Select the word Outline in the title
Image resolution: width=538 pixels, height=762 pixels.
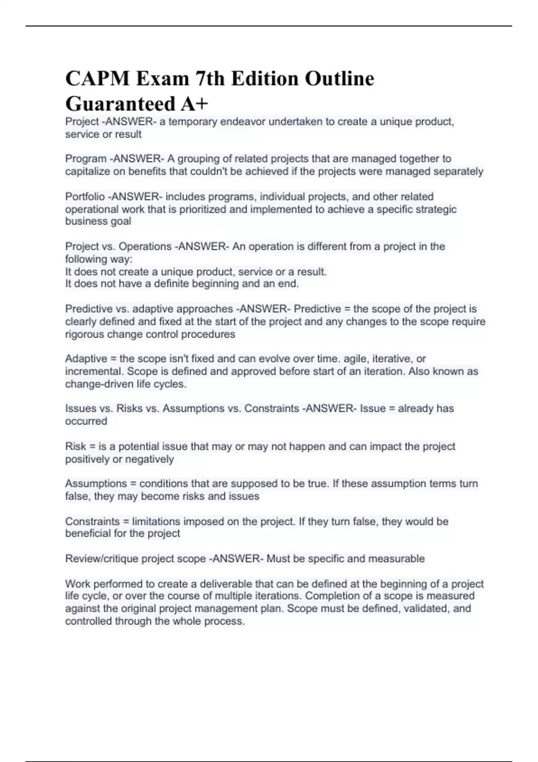coord(339,79)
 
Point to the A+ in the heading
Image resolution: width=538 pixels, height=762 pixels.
coord(195,104)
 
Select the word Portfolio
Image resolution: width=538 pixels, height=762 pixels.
coord(85,197)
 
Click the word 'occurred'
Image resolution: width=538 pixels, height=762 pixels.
coord(86,421)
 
